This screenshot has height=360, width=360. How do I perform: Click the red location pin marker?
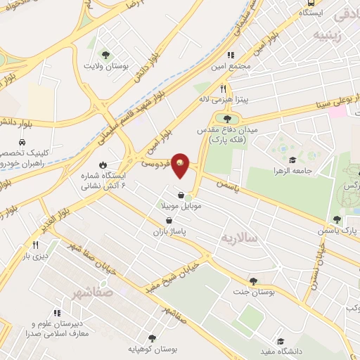pos(181,166)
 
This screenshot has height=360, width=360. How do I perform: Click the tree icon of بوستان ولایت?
pos(105,54)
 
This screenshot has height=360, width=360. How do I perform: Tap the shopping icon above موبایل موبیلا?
pos(181,195)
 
